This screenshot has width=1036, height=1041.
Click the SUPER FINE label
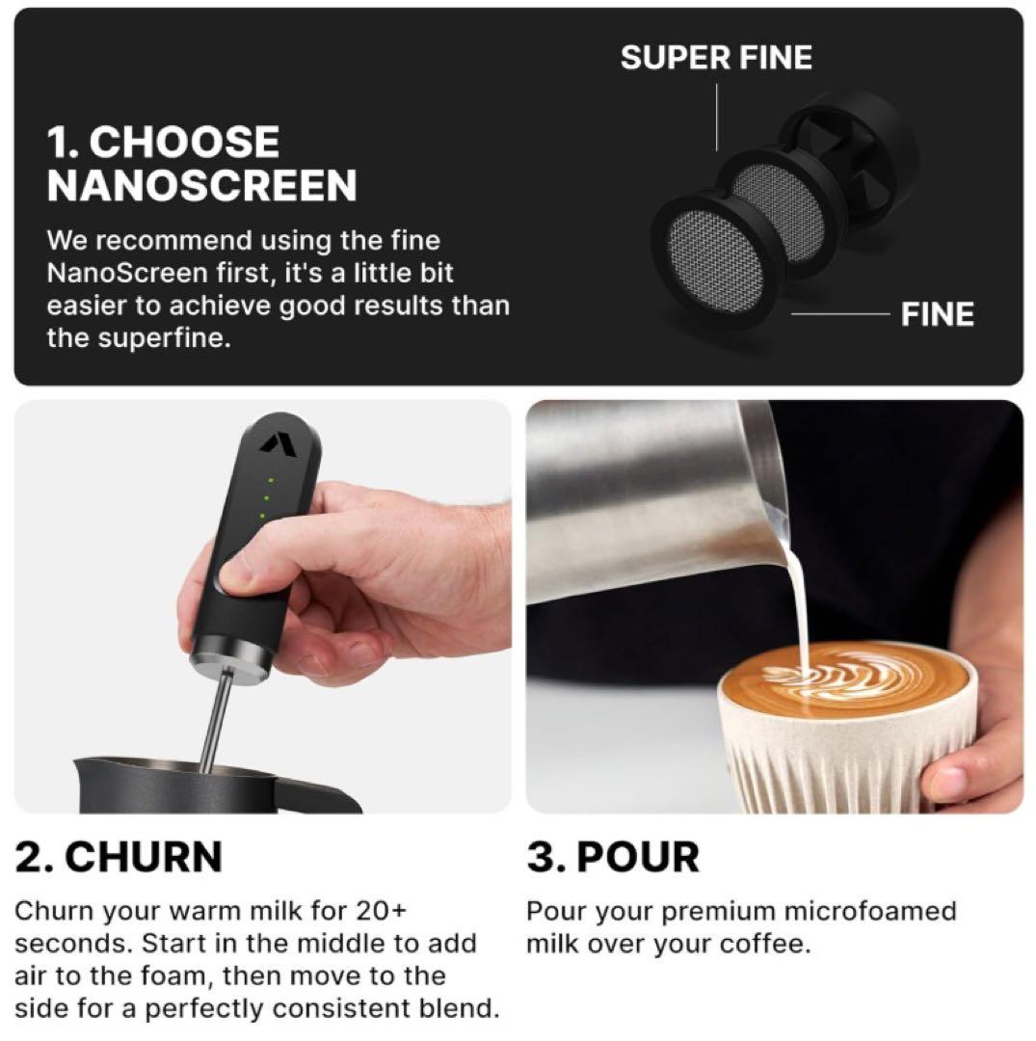[x=716, y=57]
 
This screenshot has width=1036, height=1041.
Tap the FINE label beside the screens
[x=937, y=314]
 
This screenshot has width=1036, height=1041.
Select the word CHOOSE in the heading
[x=184, y=142]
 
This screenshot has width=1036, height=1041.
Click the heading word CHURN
[x=144, y=857]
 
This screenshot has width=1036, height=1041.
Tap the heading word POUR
[x=638, y=857]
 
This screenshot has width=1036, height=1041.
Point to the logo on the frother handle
[x=272, y=442]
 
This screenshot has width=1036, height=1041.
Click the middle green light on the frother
[x=266, y=497]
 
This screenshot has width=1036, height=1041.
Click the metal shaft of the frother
[x=217, y=721]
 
